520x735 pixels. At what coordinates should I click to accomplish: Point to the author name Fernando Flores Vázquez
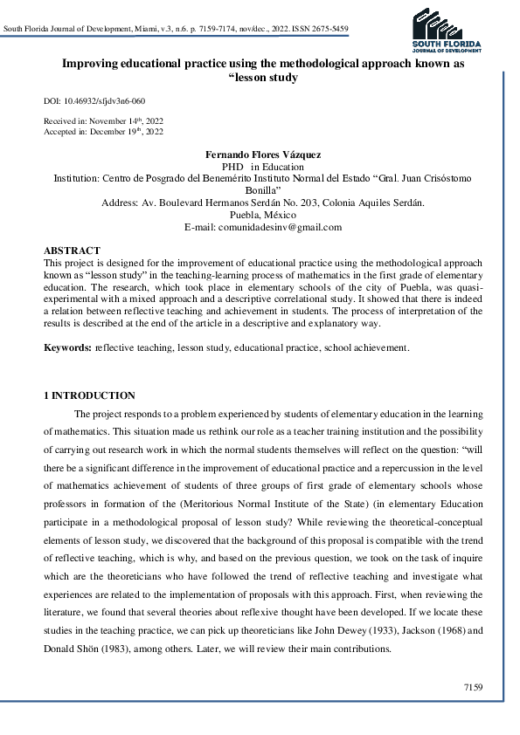(x=262, y=154)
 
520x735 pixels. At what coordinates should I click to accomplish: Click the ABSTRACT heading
(x=72, y=251)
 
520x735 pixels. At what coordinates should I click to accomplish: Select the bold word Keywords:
(x=68, y=348)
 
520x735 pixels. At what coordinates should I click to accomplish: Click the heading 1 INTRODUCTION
(x=89, y=396)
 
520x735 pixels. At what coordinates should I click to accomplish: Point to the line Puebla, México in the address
(x=262, y=215)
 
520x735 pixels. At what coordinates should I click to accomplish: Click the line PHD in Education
(x=262, y=166)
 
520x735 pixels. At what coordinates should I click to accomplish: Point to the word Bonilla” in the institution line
(x=262, y=189)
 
